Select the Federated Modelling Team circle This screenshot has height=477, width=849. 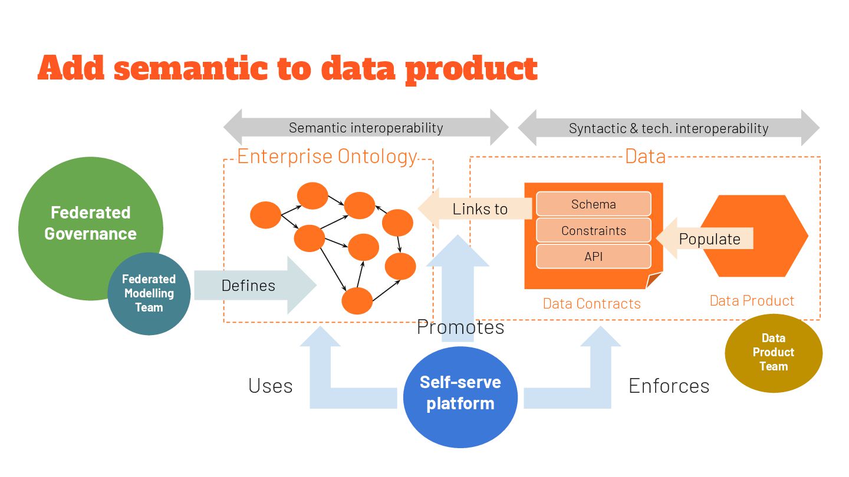pyautogui.click(x=149, y=293)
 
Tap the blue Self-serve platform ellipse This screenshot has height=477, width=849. pyautogui.click(x=460, y=393)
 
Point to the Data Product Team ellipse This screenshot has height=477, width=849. pyautogui.click(x=773, y=352)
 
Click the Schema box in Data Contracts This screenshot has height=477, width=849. pyautogui.click(x=593, y=204)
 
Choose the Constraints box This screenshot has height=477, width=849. pyautogui.click(x=593, y=231)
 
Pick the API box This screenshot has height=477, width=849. pyautogui.click(x=593, y=257)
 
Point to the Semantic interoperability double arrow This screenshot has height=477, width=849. pyautogui.click(x=366, y=127)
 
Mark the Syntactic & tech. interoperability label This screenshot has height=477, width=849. pyautogui.click(x=669, y=128)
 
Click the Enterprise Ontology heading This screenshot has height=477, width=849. pyautogui.click(x=327, y=157)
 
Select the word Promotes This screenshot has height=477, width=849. pyautogui.click(x=460, y=327)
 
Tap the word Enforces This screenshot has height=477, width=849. pyautogui.click(x=669, y=386)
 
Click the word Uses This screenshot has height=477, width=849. pyautogui.click(x=270, y=386)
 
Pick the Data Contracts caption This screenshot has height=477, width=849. pyautogui.click(x=591, y=303)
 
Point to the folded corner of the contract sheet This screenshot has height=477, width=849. pyautogui.click(x=654, y=281)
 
